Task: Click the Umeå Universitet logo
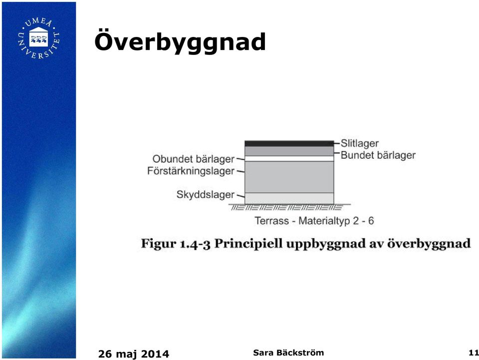coord(39,38)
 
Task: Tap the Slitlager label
coord(360,143)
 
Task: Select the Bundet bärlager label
coord(378,155)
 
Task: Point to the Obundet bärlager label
coord(194,159)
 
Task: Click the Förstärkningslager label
coord(191,171)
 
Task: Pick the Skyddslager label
coord(206,195)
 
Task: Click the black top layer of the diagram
coord(289,144)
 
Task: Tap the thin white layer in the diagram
coord(289,159)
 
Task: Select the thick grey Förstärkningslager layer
coord(289,177)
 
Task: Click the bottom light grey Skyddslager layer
coord(289,198)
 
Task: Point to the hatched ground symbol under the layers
coord(286,208)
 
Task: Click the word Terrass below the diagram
coord(271,221)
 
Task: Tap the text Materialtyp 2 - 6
coord(336,221)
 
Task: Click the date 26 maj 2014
coord(134,354)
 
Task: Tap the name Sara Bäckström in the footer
coord(288,353)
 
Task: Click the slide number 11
coord(474,353)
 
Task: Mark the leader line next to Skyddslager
coord(240,196)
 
